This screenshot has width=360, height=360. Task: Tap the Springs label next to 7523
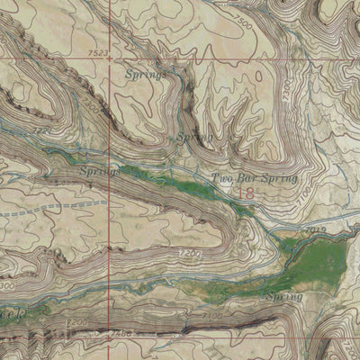pyautogui.click(x=146, y=74)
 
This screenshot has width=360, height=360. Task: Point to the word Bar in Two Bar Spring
pyautogui.click(x=247, y=177)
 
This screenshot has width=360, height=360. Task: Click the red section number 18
pyautogui.click(x=244, y=192)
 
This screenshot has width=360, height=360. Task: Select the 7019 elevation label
pyautogui.click(x=315, y=230)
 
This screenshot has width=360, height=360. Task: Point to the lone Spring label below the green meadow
pyautogui.click(x=283, y=296)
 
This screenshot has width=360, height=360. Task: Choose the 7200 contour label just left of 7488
pyautogui.click(x=76, y=322)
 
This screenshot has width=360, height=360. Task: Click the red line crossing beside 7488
pyautogui.click(x=111, y=332)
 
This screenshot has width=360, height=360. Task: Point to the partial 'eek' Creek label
pyautogui.click(x=8, y=314)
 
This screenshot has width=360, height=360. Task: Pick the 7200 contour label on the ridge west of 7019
pyautogui.click(x=190, y=255)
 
